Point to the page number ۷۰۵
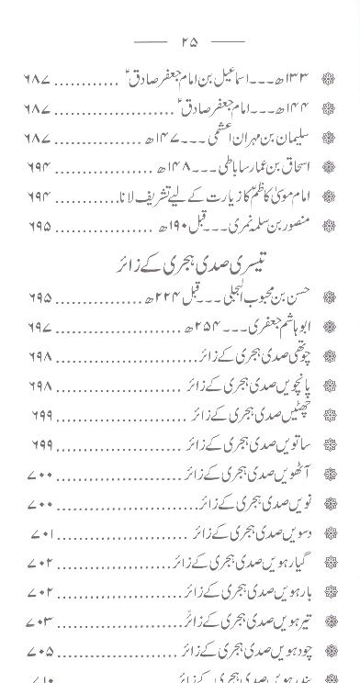coord(40,651)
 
